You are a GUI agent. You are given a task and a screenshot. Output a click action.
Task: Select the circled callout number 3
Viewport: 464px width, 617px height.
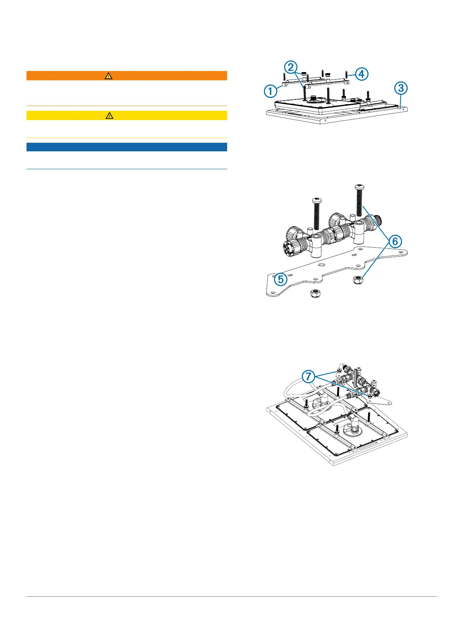click(401, 88)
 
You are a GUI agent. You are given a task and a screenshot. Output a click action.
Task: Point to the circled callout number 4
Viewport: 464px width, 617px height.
click(362, 74)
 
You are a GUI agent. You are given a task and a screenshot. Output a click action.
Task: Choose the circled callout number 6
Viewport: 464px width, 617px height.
click(395, 241)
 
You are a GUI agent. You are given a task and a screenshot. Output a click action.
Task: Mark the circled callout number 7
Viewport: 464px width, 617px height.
click(309, 376)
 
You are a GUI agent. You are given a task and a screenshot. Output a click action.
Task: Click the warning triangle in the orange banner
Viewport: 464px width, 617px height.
click(108, 76)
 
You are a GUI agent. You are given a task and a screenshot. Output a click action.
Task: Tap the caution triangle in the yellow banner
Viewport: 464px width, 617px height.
click(109, 115)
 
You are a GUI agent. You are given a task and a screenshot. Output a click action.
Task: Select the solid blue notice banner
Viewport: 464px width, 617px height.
click(127, 147)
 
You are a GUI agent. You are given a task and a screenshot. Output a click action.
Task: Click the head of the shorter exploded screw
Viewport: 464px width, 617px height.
click(316, 201)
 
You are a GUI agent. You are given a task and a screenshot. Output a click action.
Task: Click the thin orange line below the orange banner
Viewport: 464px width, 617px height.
click(127, 106)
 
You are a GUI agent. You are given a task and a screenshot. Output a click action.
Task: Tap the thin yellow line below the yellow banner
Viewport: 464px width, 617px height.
click(127, 138)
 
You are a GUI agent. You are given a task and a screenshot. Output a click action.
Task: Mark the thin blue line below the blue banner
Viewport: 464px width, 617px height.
click(127, 169)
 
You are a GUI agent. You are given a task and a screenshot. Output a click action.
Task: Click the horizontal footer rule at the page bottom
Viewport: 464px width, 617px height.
click(232, 596)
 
